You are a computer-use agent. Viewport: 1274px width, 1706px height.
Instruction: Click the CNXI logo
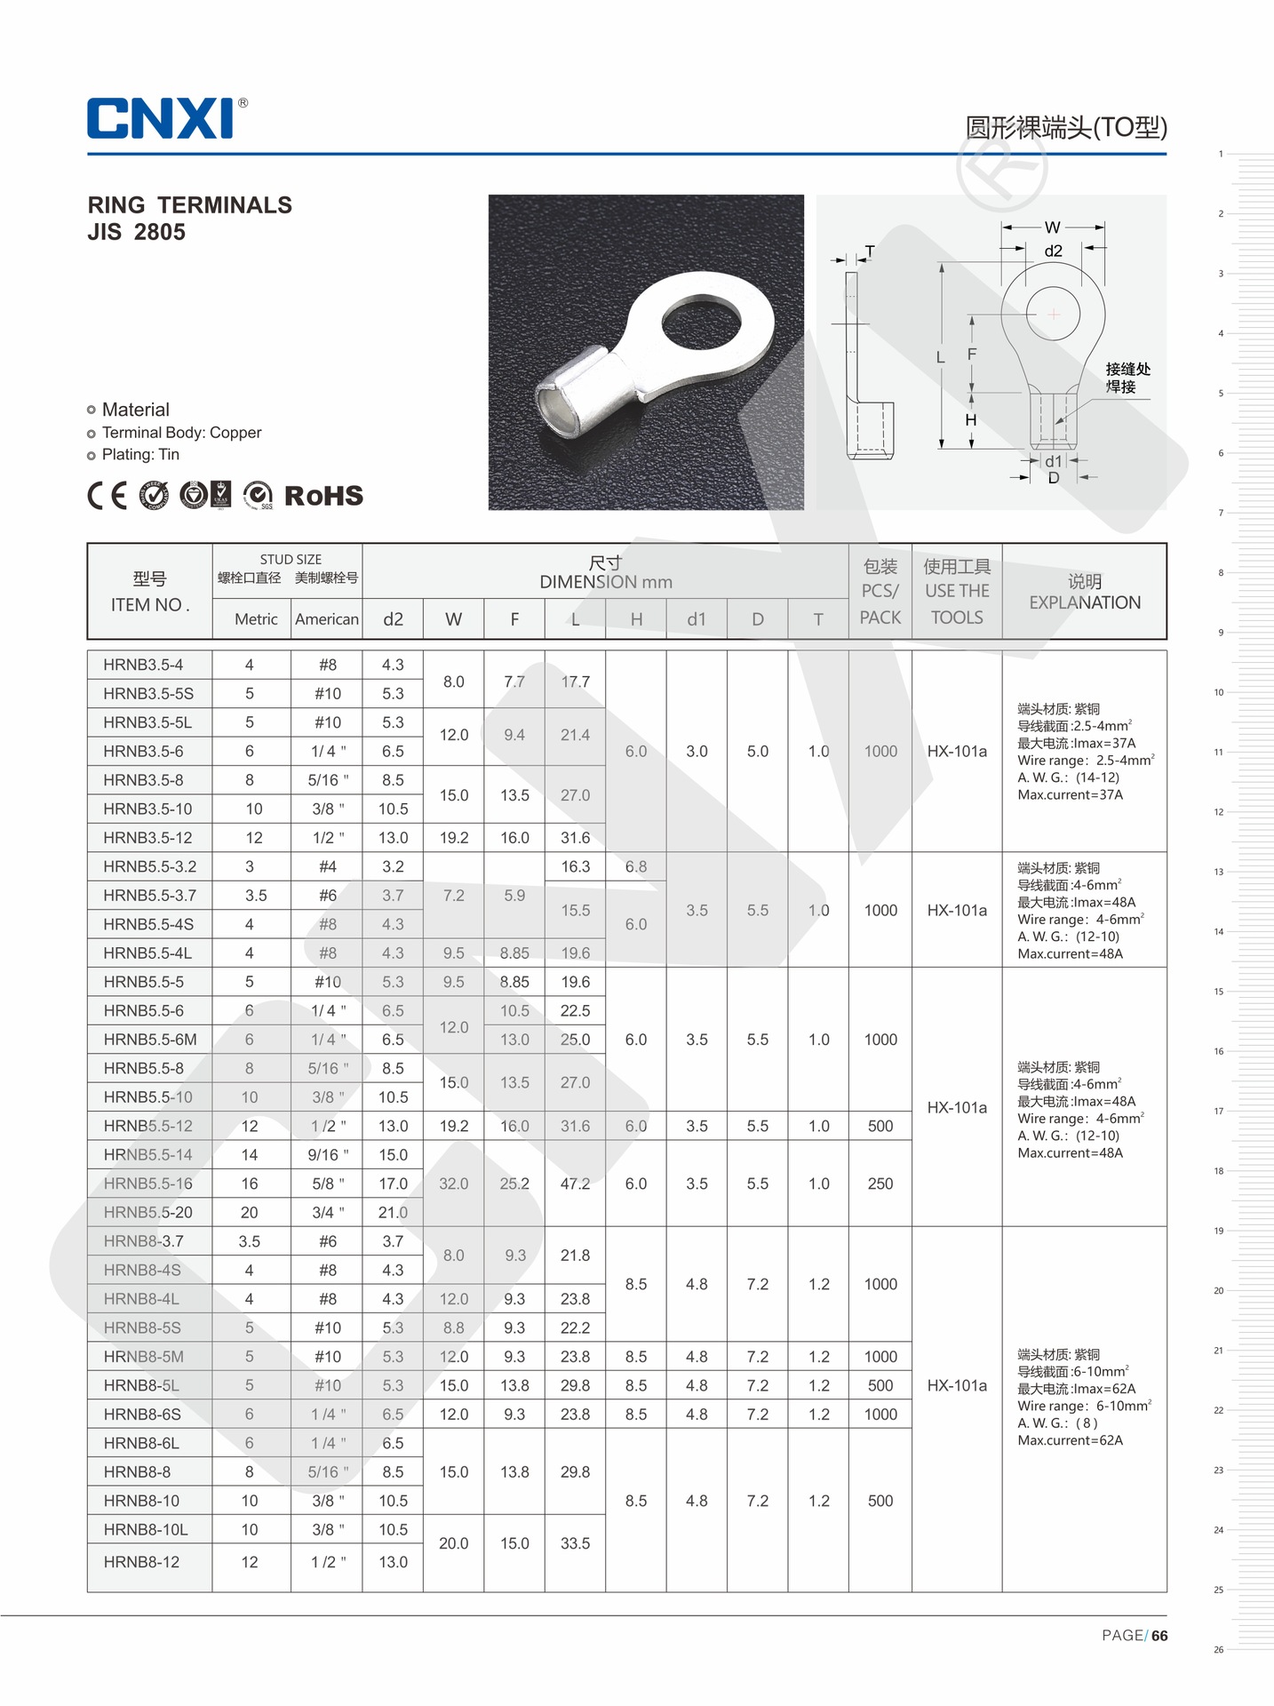[162, 118]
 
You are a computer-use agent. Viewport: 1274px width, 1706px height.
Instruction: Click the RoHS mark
[323, 496]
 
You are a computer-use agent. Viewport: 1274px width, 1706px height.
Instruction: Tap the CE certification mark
[107, 495]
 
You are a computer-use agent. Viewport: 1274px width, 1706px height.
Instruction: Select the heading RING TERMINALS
[189, 205]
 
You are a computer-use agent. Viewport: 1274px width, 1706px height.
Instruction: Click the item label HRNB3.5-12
[147, 838]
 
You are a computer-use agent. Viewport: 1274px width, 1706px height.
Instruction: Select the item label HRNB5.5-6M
[150, 1040]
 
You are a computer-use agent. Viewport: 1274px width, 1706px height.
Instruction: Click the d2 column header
[393, 619]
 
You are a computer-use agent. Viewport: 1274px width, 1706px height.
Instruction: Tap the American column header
[327, 619]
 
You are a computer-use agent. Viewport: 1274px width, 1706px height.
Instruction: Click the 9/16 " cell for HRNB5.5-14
[328, 1155]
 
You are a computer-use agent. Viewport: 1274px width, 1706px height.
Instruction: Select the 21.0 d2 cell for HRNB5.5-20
[393, 1213]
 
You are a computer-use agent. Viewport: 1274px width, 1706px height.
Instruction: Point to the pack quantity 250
[880, 1184]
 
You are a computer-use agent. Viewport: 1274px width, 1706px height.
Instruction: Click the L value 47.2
[575, 1184]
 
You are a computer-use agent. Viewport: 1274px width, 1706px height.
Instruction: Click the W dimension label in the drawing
[1053, 227]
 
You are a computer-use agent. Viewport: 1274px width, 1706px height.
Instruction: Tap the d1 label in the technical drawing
[1053, 461]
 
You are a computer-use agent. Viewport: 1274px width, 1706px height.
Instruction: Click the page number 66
[1159, 1636]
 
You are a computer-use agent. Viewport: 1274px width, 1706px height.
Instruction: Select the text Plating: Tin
[140, 455]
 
